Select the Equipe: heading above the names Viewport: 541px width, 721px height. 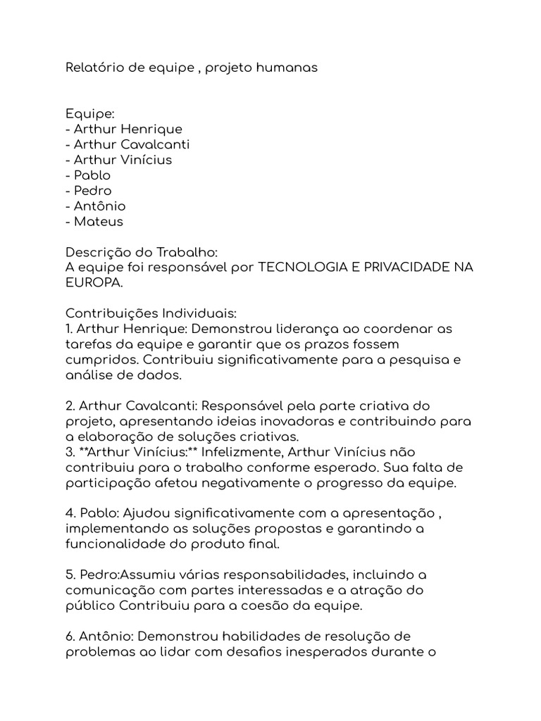(85, 114)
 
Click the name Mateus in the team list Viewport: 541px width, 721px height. (99, 221)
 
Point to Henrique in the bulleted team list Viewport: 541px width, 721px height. (151, 129)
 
